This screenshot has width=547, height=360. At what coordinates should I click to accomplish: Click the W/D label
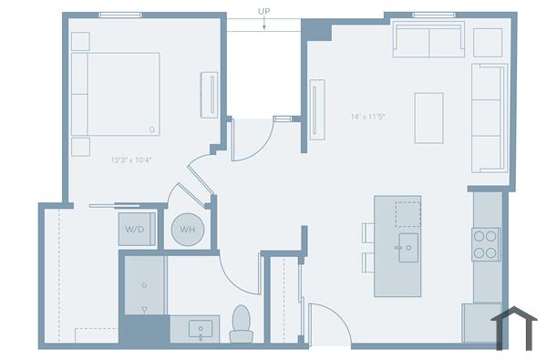tap(133, 229)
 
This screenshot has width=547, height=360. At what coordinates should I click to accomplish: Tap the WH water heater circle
tap(187, 230)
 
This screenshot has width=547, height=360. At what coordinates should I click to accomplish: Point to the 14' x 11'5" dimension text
tap(368, 117)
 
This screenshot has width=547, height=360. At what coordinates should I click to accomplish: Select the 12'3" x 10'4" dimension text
tap(131, 159)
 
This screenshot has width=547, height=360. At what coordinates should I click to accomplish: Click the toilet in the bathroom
tap(241, 324)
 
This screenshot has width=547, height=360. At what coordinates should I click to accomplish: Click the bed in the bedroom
tap(116, 94)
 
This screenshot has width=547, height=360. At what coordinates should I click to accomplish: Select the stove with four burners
tap(486, 244)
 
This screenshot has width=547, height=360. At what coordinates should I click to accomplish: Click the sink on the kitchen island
tap(407, 246)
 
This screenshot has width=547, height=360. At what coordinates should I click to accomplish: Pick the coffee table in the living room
tap(428, 118)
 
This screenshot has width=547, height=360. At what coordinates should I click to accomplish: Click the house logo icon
tap(513, 327)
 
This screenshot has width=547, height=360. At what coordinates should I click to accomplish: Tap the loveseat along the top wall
tap(428, 41)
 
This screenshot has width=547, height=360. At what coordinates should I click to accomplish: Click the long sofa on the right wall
tap(489, 117)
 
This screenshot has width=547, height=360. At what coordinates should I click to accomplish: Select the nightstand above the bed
tap(80, 41)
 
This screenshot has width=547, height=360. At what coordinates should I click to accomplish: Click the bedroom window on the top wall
tap(119, 14)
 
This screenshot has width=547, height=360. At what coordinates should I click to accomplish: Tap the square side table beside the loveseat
tap(488, 42)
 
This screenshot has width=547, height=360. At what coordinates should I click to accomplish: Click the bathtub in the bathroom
tap(143, 287)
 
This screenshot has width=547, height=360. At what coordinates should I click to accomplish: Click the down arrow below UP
tap(264, 26)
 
